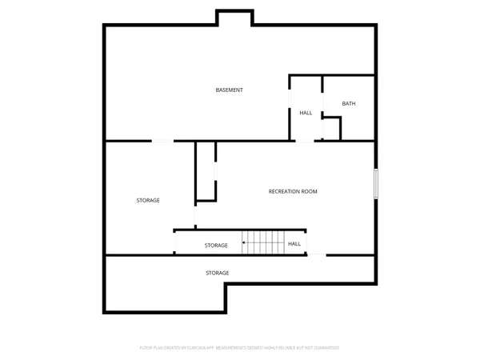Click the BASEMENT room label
229,90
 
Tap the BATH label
349,104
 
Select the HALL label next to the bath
306,113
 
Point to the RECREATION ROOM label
293,192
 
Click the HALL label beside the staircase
294,244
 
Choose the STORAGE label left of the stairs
216,245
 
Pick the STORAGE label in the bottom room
218,273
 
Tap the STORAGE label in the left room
148,200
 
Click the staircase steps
264,242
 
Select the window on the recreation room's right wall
374,183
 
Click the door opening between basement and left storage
162,142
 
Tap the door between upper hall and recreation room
306,142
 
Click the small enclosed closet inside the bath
331,128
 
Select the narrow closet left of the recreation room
206,171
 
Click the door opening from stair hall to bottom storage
317,254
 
